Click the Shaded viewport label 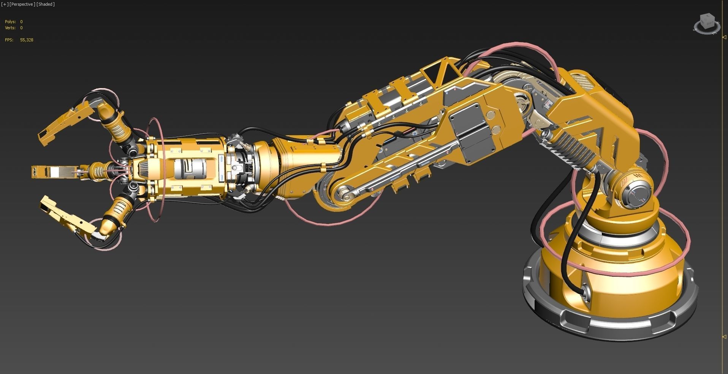[46, 4]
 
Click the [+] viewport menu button [5, 4]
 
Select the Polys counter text [10, 22]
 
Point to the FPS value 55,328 [27, 40]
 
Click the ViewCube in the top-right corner [707, 24]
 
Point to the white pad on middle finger [55, 172]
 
